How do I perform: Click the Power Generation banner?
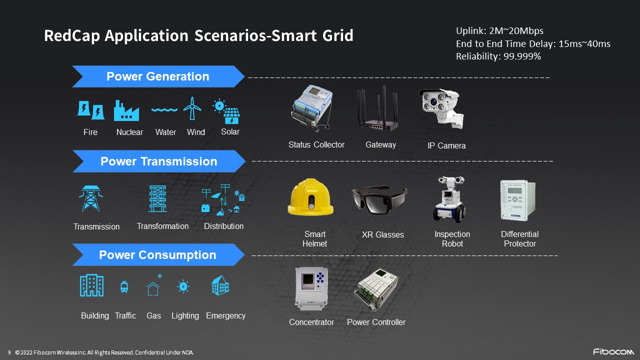click(158, 76)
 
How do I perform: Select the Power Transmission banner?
click(159, 161)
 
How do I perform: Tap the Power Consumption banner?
click(158, 255)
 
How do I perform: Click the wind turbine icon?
click(192, 108)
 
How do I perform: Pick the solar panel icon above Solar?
click(226, 111)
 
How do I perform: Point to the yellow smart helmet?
click(310, 197)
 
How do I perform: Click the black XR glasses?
click(379, 199)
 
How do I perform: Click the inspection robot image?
click(449, 199)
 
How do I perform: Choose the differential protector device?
click(518, 200)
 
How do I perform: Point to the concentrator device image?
click(311, 288)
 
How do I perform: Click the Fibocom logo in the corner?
click(613, 351)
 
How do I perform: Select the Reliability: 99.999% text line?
click(498, 56)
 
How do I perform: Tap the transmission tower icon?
click(91, 198)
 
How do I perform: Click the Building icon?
click(91, 285)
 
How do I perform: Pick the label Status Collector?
click(316, 145)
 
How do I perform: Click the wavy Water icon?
click(164, 109)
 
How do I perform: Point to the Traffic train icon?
click(124, 287)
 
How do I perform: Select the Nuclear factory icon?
click(126, 110)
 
